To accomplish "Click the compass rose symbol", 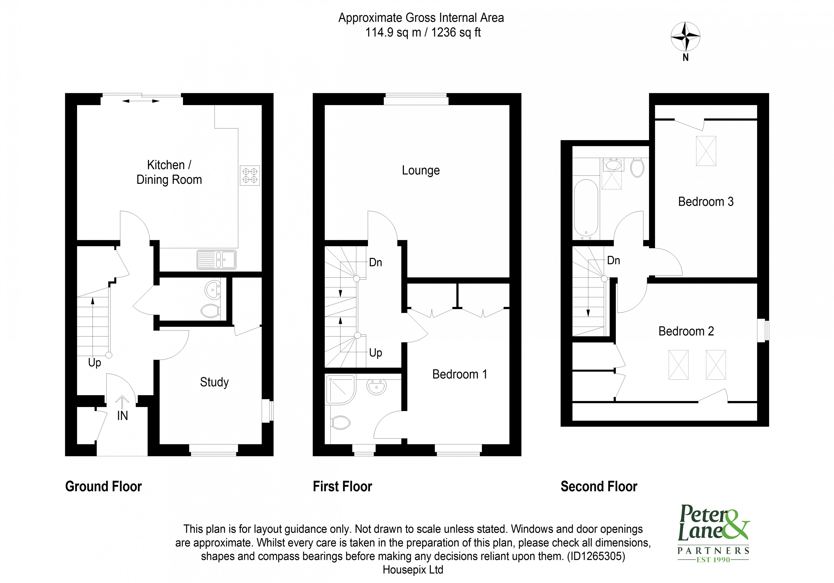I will [685, 37].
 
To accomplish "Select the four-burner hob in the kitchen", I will [250, 176].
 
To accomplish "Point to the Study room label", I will [214, 382].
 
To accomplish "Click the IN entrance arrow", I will [122, 403].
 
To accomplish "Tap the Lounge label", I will [421, 170].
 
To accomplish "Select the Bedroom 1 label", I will [460, 374].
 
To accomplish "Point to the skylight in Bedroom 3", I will [706, 151].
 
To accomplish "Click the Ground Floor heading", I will [103, 486].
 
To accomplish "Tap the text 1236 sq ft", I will [456, 33].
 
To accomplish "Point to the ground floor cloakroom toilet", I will [210, 311].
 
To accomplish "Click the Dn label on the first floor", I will [375, 262].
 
